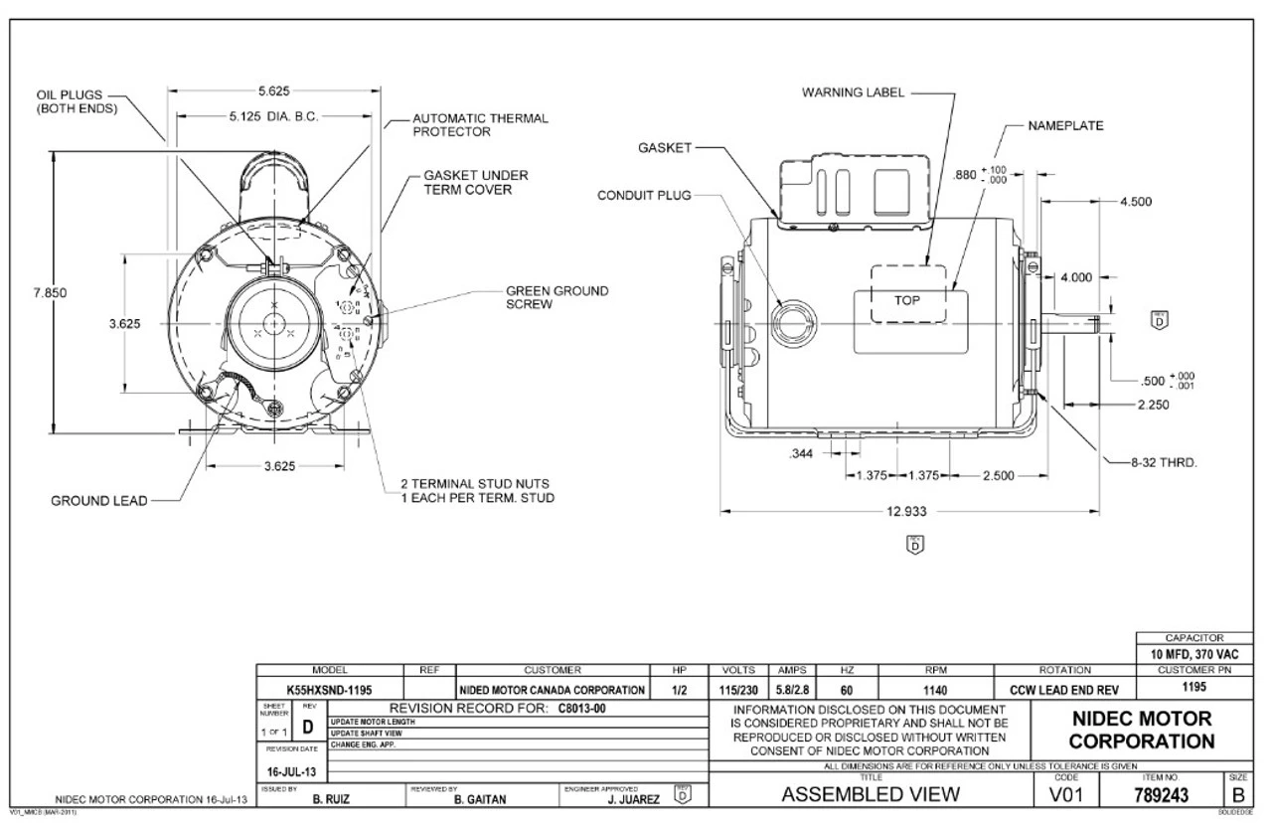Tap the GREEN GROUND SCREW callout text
click(556, 298)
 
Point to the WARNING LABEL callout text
click(854, 92)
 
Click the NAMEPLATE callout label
click(1067, 126)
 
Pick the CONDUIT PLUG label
click(644, 195)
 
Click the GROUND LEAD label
click(98, 501)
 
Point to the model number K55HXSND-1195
click(330, 689)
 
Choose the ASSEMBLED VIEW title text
click(872, 794)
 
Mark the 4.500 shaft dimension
click(1135, 201)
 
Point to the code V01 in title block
click(1066, 794)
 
